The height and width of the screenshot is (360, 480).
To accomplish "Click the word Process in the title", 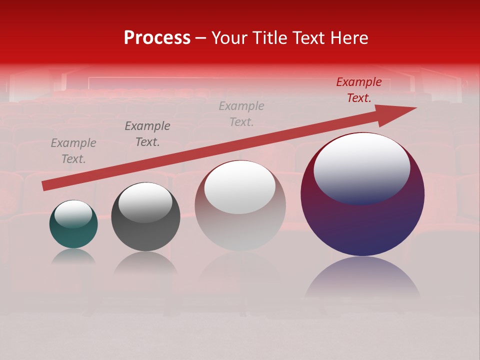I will pyautogui.click(x=157, y=38).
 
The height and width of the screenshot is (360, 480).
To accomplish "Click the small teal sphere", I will pyautogui.click(x=73, y=235).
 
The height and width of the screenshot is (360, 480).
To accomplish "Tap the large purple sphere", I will pyautogui.click(x=362, y=225).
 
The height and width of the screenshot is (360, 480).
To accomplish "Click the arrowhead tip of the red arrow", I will pyautogui.click(x=415, y=108).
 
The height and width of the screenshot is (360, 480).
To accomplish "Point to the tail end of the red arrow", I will pyautogui.click(x=44, y=186).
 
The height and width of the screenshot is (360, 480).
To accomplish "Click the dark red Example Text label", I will pyautogui.click(x=358, y=90).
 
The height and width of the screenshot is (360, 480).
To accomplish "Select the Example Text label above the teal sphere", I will pyautogui.click(x=73, y=151).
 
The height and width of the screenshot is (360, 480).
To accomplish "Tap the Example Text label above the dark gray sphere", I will pyautogui.click(x=147, y=134).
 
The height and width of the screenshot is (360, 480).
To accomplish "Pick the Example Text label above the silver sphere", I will pyautogui.click(x=241, y=114).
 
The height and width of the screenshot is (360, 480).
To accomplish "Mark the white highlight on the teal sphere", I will pyautogui.click(x=73, y=213).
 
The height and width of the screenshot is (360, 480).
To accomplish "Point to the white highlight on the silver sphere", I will pyautogui.click(x=240, y=187).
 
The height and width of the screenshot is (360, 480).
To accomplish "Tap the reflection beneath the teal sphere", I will pyautogui.click(x=73, y=256).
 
